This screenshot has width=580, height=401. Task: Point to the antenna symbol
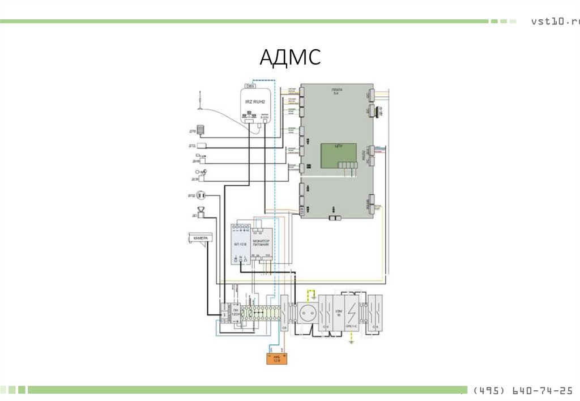199,99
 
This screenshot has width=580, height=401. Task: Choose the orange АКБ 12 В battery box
277,358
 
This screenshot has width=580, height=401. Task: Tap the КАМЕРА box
200,238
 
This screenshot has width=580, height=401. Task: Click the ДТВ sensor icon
201,129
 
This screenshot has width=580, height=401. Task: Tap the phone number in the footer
521,391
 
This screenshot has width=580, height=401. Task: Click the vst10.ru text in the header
555,22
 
